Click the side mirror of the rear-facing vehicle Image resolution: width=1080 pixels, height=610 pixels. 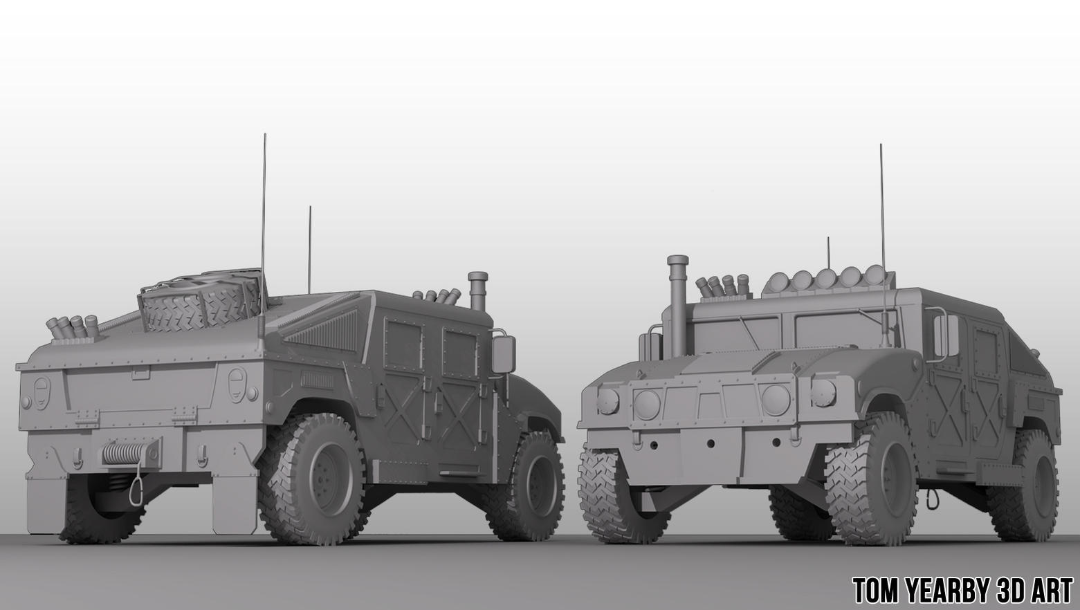tap(503, 353)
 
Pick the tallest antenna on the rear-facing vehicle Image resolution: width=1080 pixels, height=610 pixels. tap(264, 207)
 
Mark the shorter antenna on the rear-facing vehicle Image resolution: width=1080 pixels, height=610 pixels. tap(310, 249)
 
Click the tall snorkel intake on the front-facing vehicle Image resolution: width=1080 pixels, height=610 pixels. tap(676, 304)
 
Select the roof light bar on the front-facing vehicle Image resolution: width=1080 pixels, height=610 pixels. tap(823, 280)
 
